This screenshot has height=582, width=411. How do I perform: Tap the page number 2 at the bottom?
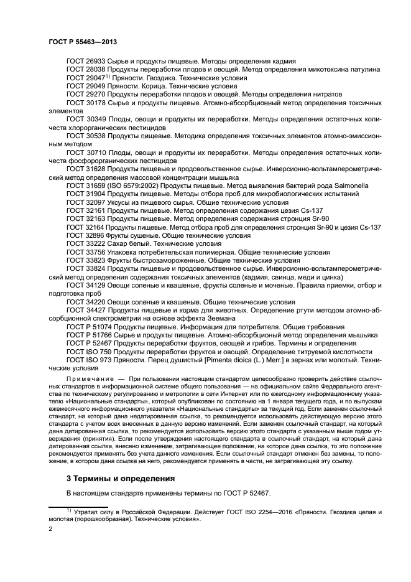(50, 528)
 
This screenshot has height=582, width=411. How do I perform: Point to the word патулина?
(366, 70)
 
